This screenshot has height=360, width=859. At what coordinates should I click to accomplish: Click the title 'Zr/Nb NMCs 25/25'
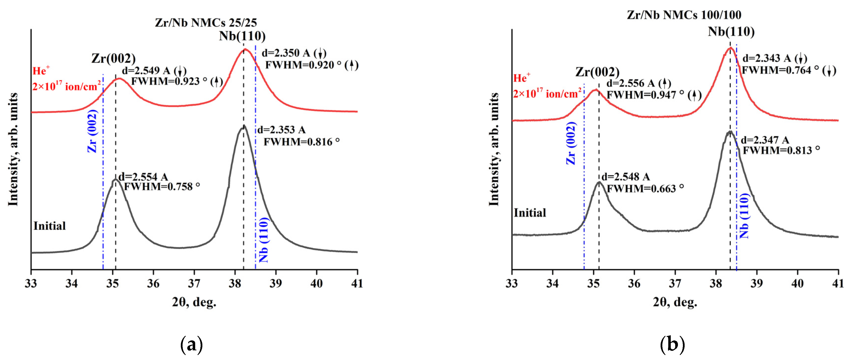point(206,23)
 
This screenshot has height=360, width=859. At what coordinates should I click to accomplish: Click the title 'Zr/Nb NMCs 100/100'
point(684,15)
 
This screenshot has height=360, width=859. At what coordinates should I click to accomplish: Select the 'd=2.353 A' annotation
point(281,130)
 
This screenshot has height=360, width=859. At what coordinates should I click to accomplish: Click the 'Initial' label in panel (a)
point(49,226)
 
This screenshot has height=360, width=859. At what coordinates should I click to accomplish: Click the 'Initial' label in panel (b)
point(530,213)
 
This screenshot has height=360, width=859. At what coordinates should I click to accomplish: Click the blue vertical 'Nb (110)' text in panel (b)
point(744,216)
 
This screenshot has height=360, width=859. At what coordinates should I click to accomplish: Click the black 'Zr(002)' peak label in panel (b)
point(597,72)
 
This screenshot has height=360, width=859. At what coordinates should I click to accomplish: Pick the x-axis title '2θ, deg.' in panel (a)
point(194,302)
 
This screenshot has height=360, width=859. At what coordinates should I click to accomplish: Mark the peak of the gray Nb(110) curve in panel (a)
point(244,126)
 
